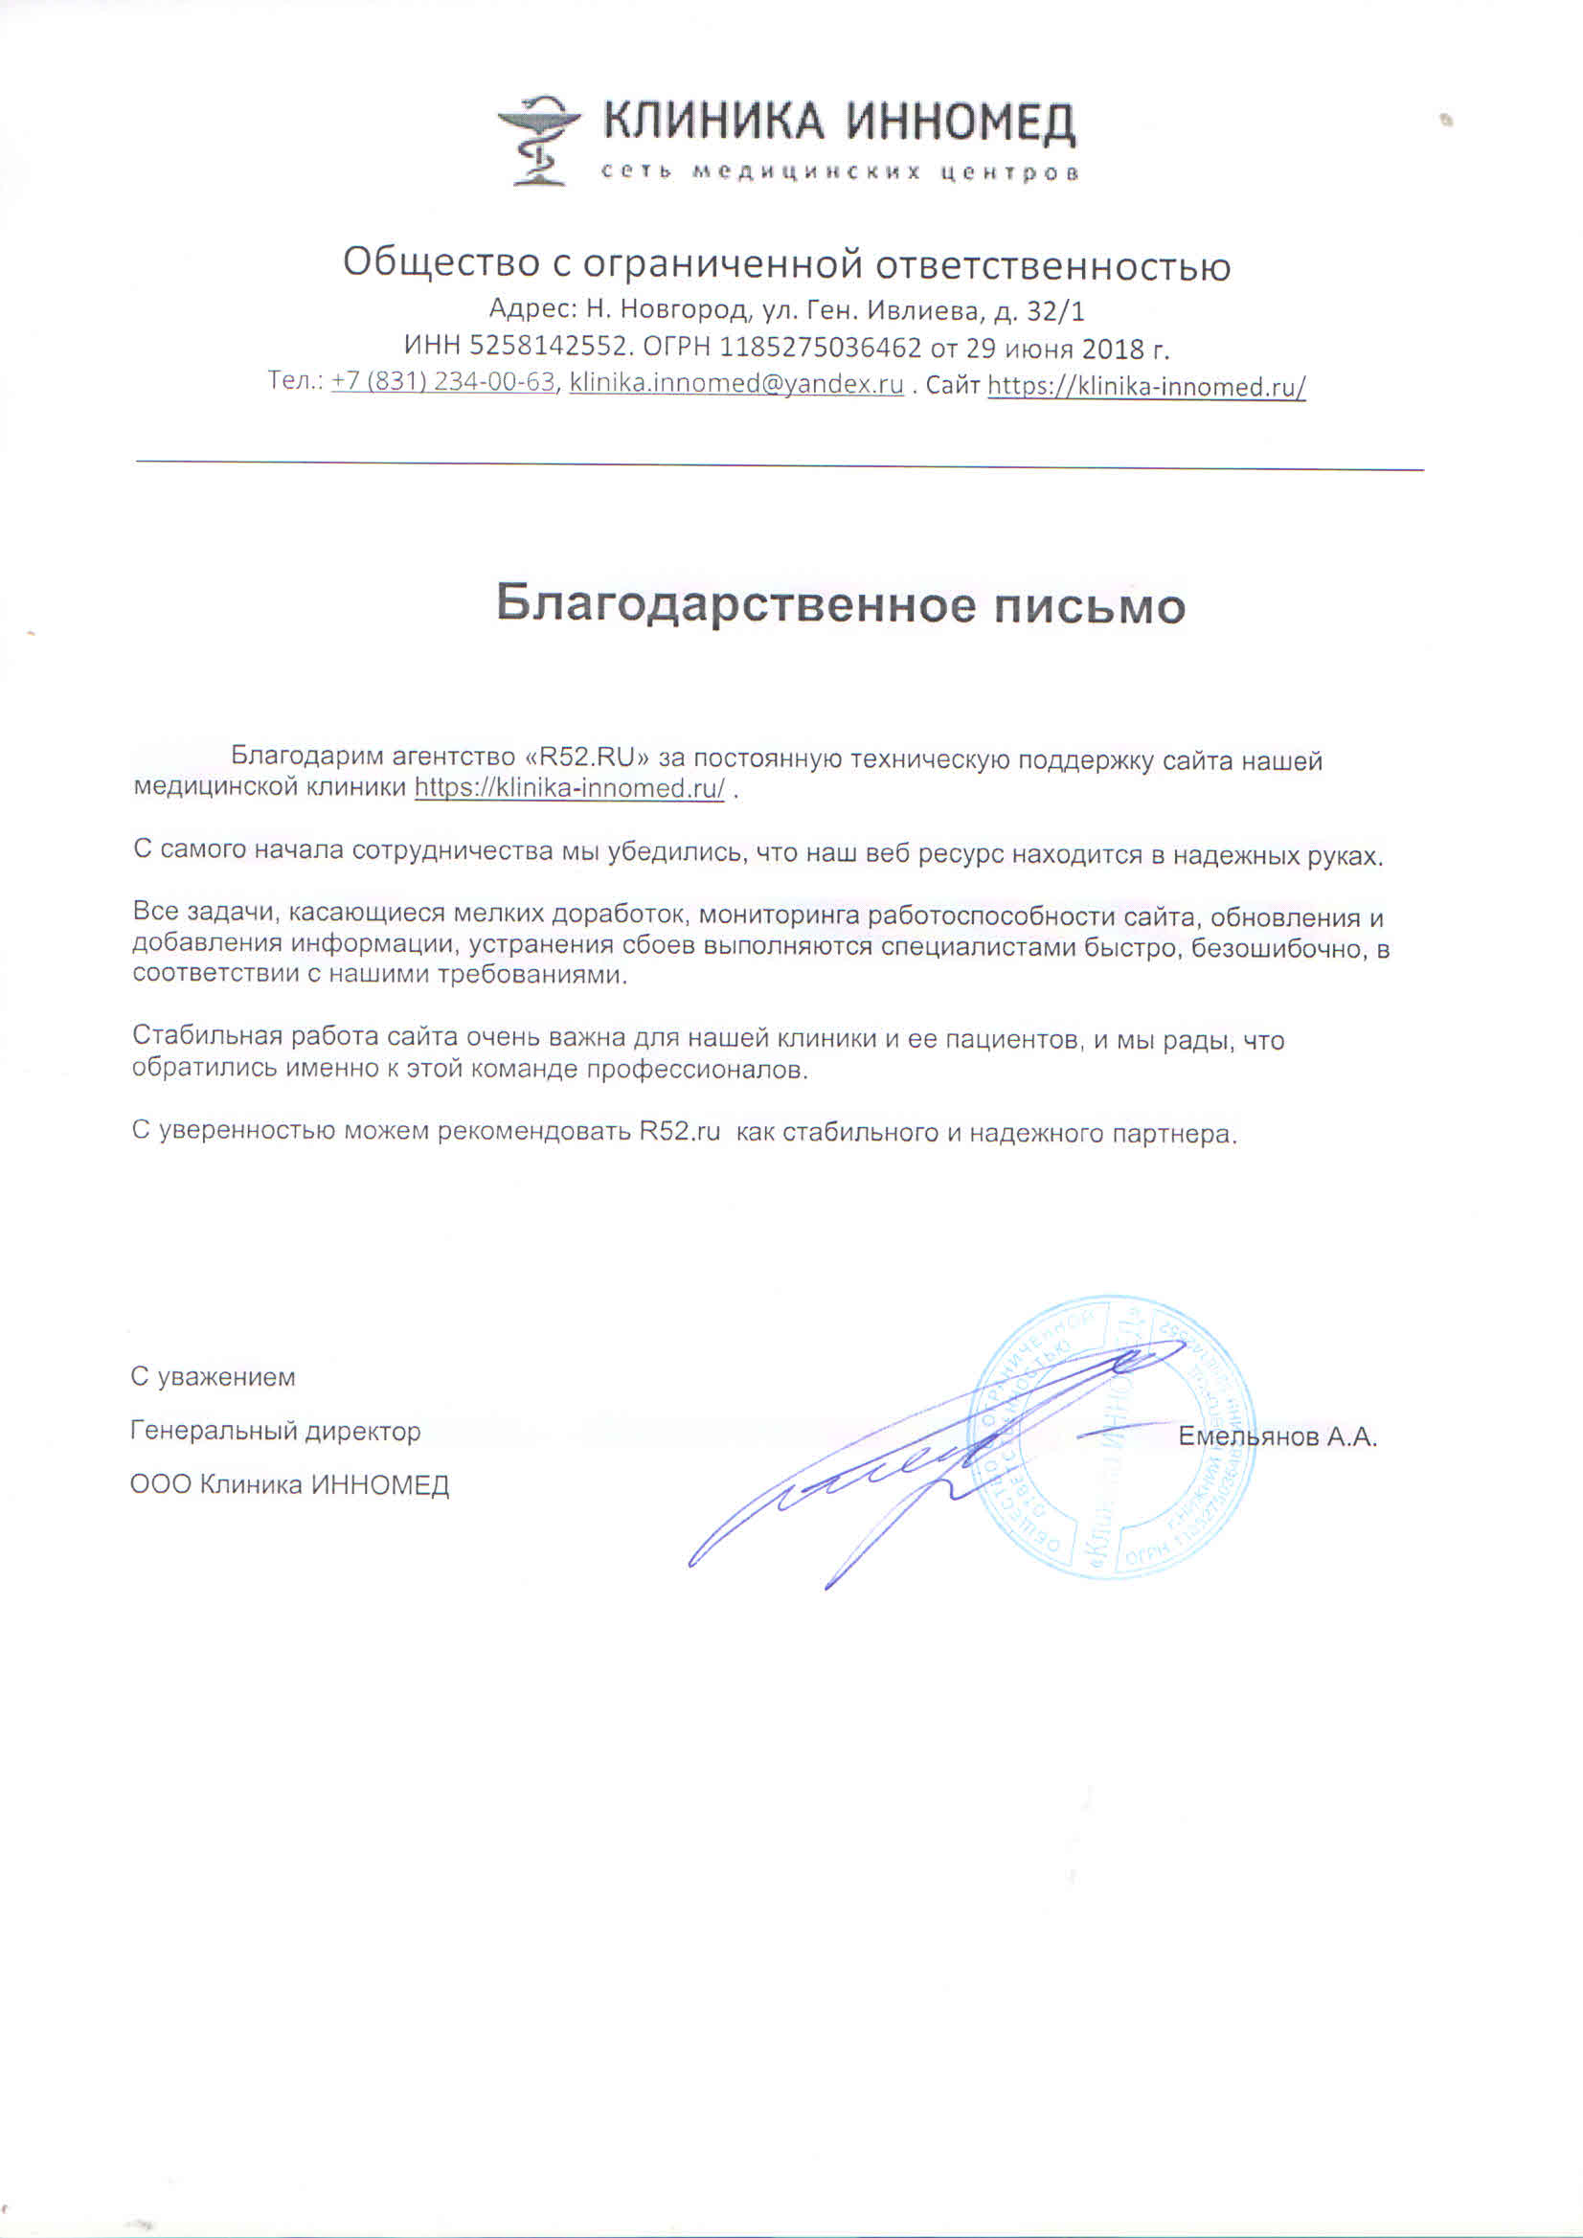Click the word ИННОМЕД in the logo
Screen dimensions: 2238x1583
961,123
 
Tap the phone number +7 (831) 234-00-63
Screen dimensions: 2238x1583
442,381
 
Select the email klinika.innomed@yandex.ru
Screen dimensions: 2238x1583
735,383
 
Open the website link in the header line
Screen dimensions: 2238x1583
1146,387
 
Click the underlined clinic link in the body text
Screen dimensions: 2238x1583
569,787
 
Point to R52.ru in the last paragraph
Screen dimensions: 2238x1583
679,1132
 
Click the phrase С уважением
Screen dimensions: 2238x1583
213,1377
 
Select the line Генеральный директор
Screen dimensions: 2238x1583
275,1431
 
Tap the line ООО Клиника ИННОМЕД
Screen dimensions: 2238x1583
289,1485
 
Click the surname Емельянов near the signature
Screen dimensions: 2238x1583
1248,1436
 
